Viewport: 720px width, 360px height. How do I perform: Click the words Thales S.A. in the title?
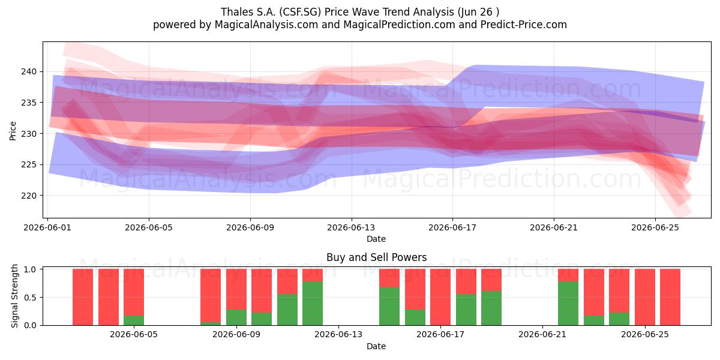(x=248, y=12)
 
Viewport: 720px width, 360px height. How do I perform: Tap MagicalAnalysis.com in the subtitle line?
(x=266, y=25)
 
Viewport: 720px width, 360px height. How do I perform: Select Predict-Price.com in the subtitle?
(x=524, y=25)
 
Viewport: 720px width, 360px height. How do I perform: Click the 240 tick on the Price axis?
(x=29, y=71)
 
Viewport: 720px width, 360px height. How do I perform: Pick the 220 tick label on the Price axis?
(x=29, y=196)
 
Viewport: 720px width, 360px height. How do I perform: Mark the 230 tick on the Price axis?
(x=29, y=134)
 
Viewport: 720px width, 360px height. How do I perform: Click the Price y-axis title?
(x=13, y=131)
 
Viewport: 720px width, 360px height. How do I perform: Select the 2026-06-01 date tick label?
(x=47, y=227)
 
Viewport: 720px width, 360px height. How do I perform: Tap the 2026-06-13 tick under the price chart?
(x=351, y=227)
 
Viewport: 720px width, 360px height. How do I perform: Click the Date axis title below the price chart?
(x=376, y=239)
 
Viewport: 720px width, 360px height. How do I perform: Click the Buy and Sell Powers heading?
(x=376, y=257)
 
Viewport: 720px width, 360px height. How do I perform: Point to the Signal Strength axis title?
(x=14, y=296)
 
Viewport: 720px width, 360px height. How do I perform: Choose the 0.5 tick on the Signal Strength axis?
(x=30, y=298)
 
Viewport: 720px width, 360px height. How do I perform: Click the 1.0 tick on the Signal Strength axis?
(x=30, y=269)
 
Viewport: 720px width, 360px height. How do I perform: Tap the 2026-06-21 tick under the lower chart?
(x=542, y=335)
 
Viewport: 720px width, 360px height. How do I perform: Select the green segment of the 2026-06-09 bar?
(x=236, y=317)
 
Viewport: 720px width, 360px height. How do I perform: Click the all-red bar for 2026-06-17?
(x=440, y=297)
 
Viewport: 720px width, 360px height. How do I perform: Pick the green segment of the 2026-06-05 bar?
(x=134, y=320)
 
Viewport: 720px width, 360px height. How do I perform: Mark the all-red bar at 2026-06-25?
(x=645, y=297)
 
